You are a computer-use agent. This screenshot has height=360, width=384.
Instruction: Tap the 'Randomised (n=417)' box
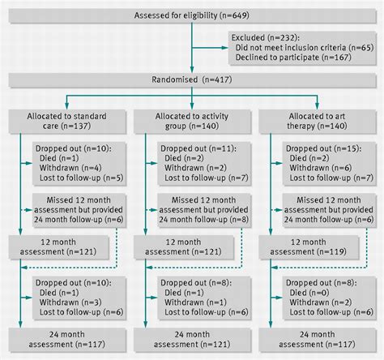pos(192,81)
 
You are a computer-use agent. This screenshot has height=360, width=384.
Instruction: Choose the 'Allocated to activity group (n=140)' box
pos(191,122)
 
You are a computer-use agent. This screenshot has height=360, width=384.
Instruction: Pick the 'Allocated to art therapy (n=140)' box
pos(319,122)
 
